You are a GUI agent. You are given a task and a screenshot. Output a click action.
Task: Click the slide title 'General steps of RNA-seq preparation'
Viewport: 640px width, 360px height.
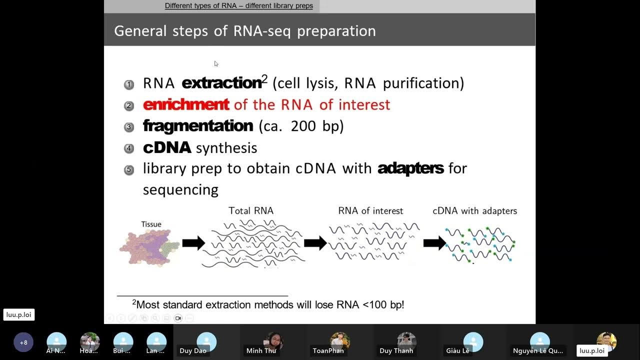245,31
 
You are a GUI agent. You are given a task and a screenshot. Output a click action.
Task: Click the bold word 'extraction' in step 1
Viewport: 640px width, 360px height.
221,83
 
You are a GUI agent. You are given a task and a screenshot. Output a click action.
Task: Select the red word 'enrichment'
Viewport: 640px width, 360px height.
186,104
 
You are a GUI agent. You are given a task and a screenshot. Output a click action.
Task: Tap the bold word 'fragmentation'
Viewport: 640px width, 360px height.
198,125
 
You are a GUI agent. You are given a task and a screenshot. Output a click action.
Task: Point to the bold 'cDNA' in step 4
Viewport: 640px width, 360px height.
167,147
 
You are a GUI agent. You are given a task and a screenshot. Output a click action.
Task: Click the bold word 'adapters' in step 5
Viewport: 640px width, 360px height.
410,168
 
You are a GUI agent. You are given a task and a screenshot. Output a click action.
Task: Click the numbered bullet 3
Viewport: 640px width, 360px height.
129,127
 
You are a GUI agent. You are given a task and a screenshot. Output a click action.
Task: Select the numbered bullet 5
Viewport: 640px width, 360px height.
129,169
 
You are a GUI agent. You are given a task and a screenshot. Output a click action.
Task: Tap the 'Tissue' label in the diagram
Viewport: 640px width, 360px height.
151,224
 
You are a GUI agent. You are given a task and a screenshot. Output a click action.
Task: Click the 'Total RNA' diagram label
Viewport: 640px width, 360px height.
251,210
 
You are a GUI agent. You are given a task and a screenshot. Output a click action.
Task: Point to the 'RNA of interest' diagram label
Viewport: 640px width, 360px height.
370,210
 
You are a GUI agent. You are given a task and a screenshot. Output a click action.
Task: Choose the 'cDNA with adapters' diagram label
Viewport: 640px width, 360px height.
474,210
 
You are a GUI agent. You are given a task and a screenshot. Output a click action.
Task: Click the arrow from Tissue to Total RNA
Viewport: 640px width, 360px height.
193,243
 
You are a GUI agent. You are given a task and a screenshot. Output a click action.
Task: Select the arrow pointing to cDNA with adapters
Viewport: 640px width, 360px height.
434,243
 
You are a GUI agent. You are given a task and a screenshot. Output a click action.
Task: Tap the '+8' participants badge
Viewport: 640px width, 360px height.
23,342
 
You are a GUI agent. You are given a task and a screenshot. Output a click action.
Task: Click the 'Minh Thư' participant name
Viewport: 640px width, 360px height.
261,350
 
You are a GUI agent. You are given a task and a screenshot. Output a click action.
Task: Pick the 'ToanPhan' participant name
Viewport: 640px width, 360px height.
328,350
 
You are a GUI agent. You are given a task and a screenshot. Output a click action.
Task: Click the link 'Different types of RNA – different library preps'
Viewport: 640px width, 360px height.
239,6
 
